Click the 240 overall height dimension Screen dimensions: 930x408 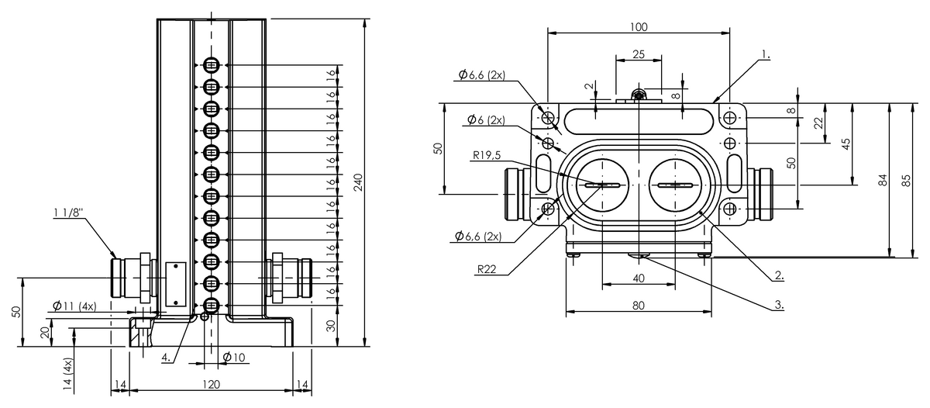coord(358,182)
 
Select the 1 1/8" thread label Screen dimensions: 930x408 coord(68,213)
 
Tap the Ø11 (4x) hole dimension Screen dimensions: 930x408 coord(74,306)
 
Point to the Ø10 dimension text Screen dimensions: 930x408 coord(234,358)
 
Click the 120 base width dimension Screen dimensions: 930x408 coord(211,385)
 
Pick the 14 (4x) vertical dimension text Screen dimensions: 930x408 coord(67,374)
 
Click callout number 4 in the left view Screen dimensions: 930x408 coord(166,358)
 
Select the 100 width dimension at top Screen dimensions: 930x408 coord(639,27)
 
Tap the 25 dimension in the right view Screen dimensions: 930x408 coord(639,54)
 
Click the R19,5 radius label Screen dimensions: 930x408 coord(487,155)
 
